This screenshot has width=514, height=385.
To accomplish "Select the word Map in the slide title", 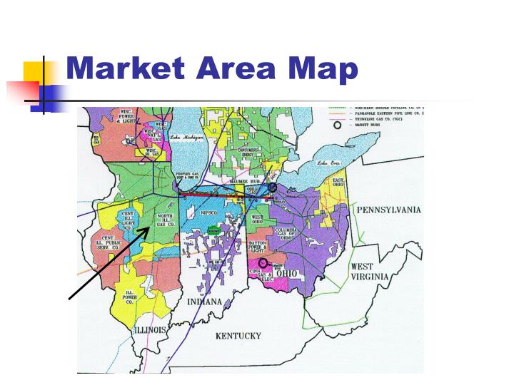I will tap(323, 69).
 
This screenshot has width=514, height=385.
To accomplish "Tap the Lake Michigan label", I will tap(187, 137).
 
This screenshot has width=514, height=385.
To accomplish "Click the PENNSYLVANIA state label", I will tap(389, 210).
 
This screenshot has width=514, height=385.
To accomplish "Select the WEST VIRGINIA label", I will tap(369, 272).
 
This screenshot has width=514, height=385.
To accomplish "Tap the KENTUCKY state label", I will tap(238, 336).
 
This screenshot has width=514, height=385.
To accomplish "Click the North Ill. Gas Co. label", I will tap(164, 220).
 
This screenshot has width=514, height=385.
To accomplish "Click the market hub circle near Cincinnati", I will tap(263, 262).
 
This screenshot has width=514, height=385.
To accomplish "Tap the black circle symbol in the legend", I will tap(338, 125).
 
